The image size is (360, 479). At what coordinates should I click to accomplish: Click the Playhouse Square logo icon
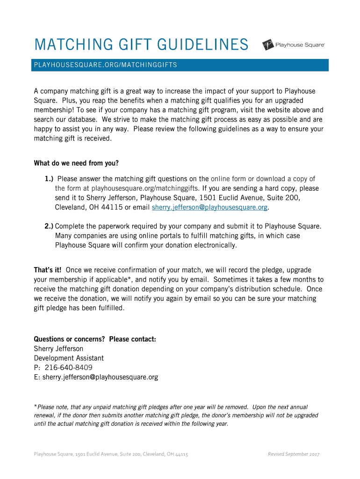[268, 45]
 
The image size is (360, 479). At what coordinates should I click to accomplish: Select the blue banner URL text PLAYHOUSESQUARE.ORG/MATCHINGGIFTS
[105, 65]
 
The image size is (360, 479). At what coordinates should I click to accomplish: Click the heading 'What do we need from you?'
[76, 163]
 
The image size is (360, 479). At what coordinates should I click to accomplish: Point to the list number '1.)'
[50, 179]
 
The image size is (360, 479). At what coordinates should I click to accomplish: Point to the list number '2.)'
[49, 226]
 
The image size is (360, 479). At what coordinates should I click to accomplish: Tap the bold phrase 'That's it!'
[48, 270]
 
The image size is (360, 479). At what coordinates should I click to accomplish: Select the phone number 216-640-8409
[68, 368]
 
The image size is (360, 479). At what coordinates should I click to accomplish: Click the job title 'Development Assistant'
[69, 358]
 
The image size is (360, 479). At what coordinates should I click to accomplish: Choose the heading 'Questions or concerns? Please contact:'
[95, 339]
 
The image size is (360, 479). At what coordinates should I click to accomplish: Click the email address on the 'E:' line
[100, 377]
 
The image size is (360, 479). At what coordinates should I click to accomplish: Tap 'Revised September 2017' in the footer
[293, 454]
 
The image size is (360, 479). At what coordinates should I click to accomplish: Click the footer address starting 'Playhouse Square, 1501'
[111, 454]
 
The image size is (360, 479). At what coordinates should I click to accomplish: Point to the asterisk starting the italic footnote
[36, 407]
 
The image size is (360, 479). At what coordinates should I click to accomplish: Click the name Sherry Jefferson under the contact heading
[58, 348]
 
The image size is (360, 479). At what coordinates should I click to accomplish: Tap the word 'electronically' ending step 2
[214, 245]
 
